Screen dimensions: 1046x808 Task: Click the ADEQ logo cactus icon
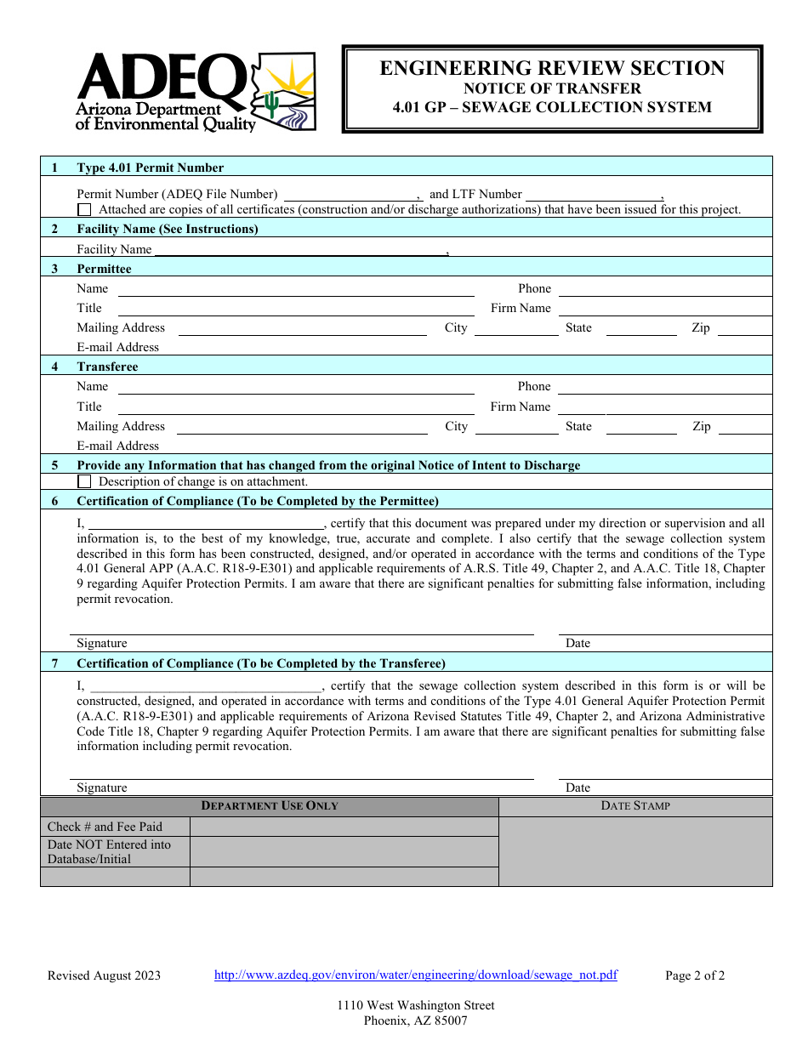click(x=271, y=104)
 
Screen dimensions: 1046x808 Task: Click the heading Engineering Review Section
click(x=552, y=69)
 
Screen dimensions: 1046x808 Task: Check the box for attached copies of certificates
click(x=84, y=209)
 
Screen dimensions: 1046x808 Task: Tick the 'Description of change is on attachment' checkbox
click(x=84, y=481)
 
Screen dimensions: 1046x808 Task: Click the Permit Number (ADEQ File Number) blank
click(x=350, y=195)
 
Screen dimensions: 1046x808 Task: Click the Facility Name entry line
click(x=299, y=250)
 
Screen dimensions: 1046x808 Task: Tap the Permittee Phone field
click(x=664, y=289)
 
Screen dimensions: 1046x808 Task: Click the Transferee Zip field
click(x=744, y=427)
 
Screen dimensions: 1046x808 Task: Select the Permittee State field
click(x=641, y=328)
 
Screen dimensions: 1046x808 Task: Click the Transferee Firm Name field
click(x=664, y=407)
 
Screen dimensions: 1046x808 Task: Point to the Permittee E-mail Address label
click(x=118, y=347)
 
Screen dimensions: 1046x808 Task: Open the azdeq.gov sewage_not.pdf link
click(x=415, y=975)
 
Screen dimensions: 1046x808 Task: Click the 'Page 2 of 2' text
click(x=695, y=976)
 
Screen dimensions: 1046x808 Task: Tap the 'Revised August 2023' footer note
click(x=104, y=976)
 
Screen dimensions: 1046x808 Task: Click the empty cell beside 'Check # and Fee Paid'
click(x=344, y=827)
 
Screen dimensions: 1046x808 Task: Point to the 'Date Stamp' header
click(x=635, y=806)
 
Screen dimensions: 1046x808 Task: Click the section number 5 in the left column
click(x=55, y=466)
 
